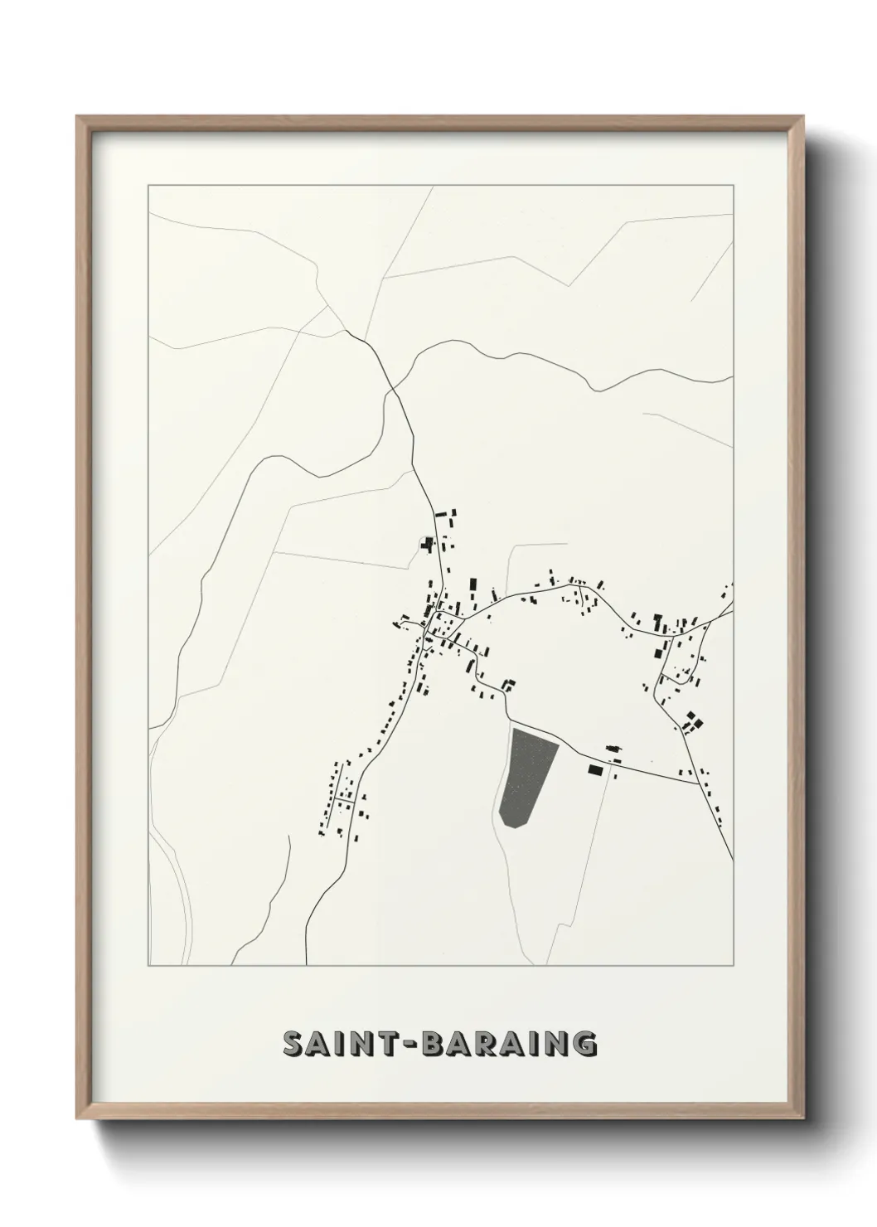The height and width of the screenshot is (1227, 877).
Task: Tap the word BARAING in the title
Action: (509, 1044)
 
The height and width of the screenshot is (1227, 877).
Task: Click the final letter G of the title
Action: (585, 1044)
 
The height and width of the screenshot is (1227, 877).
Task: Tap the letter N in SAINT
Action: (367, 1044)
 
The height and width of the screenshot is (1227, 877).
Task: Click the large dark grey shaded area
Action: (527, 776)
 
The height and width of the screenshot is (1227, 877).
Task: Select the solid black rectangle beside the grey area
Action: (594, 770)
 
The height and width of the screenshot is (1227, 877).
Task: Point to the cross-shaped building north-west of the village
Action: (428, 545)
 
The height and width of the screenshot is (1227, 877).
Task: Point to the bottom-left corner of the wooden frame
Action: (78, 1122)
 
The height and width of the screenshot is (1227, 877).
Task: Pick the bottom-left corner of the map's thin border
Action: (148, 965)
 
